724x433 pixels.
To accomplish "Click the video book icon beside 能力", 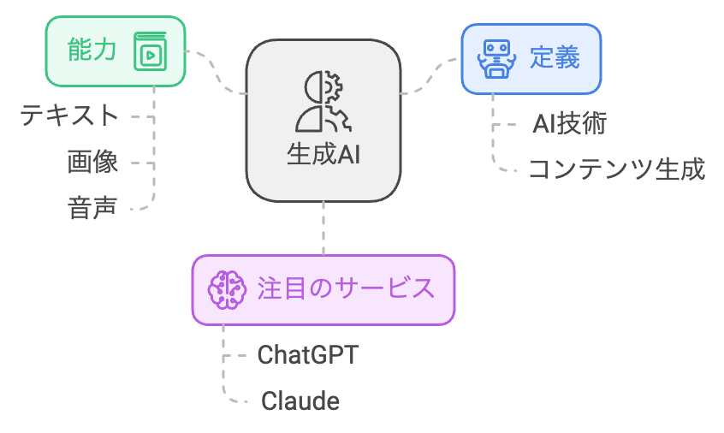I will (150, 53).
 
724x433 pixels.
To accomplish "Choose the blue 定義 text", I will (555, 58).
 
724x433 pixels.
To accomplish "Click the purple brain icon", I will (227, 289).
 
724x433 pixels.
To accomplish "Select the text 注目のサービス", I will (346, 288).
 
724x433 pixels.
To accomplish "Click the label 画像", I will (92, 162).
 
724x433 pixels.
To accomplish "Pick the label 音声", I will (92, 208).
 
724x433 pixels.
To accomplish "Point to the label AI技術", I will (569, 124).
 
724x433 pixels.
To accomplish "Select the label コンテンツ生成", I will (616, 169).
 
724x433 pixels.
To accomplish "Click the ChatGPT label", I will (307, 354).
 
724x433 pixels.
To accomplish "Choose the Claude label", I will (300, 400).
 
